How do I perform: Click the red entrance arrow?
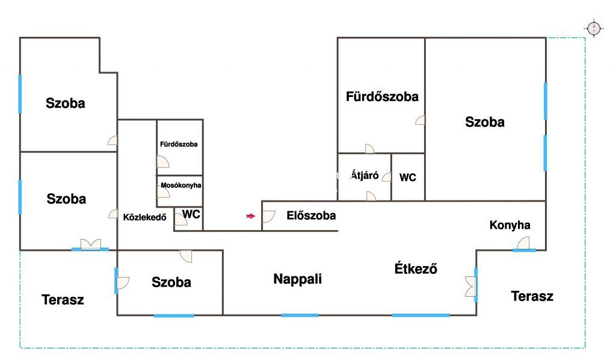click(251, 216)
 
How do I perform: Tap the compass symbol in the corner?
click(594, 28)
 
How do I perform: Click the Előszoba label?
click(311, 216)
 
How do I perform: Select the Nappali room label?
click(297, 279)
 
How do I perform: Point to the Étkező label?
click(416, 268)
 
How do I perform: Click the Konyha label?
click(510, 225)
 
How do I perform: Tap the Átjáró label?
click(365, 175)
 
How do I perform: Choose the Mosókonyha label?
click(180, 185)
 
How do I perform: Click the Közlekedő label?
click(144, 217)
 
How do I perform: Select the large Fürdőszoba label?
click(382, 97)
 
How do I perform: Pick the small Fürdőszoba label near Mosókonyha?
click(179, 144)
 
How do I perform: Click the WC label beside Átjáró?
click(407, 178)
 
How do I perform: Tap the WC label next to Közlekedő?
click(191, 214)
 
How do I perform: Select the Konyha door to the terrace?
click(523, 243)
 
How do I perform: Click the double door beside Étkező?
click(470, 286)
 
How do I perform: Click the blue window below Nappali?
click(300, 315)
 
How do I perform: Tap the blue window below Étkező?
click(420, 315)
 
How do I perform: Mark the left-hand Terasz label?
click(63, 300)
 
